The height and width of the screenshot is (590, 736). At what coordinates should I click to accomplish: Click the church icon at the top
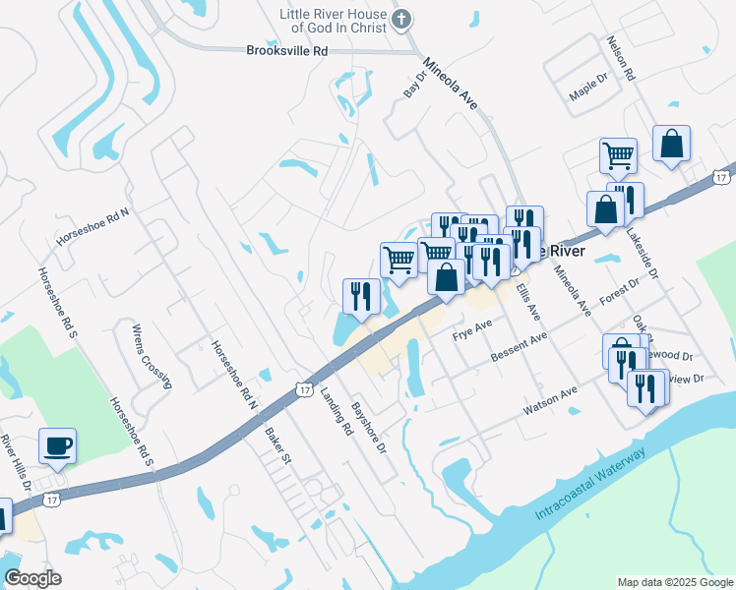(x=401, y=20)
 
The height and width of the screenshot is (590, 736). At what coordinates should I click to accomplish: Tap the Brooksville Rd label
(x=286, y=50)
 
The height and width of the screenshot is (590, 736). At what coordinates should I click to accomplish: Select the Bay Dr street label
(x=411, y=85)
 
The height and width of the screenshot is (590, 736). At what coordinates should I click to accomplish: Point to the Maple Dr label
(x=590, y=95)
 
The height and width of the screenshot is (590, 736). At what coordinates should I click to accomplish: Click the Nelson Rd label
(x=622, y=58)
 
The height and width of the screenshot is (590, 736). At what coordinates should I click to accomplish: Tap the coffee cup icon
(x=56, y=446)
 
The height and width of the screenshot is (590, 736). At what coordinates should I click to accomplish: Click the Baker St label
(x=277, y=444)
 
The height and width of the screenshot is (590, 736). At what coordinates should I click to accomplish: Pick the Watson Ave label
(x=555, y=396)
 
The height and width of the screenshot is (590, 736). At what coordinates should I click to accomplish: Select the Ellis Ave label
(x=528, y=296)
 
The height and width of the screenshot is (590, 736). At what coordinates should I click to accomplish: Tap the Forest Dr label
(x=620, y=292)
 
